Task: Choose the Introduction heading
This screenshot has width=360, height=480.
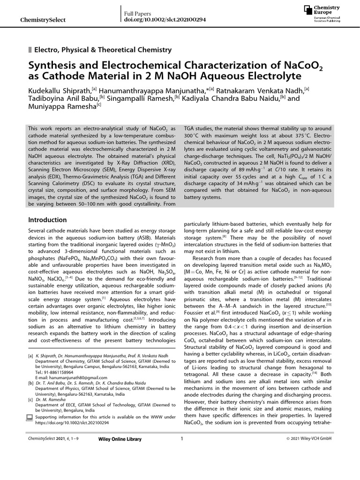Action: pos(48,220)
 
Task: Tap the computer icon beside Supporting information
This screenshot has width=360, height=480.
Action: pos(31,417)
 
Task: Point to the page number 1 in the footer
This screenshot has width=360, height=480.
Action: pos(181,439)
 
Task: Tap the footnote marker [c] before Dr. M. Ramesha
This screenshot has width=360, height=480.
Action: pos(31,400)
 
